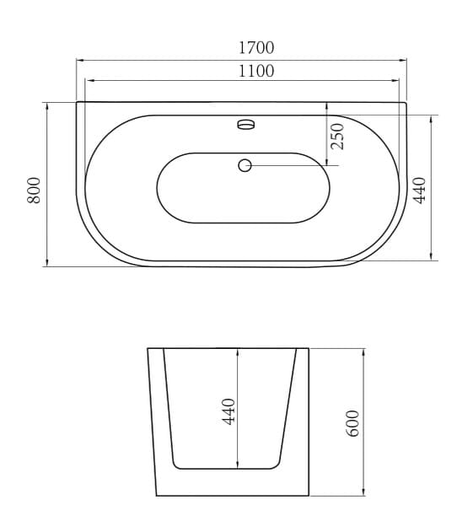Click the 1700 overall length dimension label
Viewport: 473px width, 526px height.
point(255,48)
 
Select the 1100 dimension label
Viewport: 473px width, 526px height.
point(255,72)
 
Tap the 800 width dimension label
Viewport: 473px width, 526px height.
point(34,189)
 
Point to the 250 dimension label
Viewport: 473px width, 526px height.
point(338,137)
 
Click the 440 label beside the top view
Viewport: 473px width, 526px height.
point(420,188)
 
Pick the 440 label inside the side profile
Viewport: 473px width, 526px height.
point(228,411)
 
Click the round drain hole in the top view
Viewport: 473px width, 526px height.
point(245,165)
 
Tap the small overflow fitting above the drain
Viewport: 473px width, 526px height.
point(245,124)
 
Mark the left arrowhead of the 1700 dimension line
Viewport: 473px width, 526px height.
point(79,60)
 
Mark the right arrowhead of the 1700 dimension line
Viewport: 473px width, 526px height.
point(404,60)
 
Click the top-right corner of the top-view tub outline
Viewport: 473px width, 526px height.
point(406,103)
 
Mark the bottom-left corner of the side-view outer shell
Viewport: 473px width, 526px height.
point(157,495)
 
